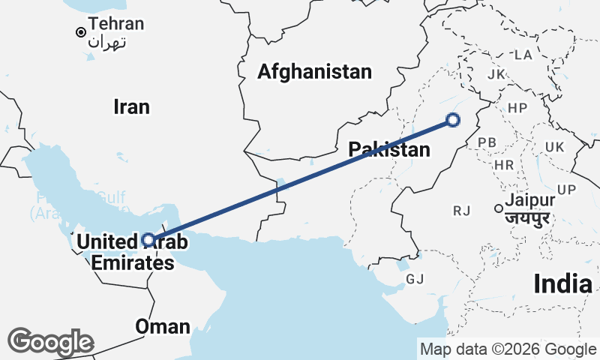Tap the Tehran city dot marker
click(x=80, y=32)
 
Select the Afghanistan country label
click(x=314, y=72)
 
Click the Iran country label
click(x=131, y=106)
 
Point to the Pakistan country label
click(x=389, y=149)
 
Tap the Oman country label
click(x=162, y=326)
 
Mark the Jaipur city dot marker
click(x=497, y=208)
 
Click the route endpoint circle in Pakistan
click(x=452, y=118)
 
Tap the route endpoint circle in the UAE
click(x=148, y=240)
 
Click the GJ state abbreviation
click(x=415, y=279)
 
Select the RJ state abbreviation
click(x=461, y=211)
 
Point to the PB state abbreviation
click(x=487, y=142)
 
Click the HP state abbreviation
click(x=517, y=108)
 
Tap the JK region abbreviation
click(x=496, y=74)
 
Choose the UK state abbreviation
click(x=556, y=146)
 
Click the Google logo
click(x=51, y=342)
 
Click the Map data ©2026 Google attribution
click(x=507, y=349)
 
